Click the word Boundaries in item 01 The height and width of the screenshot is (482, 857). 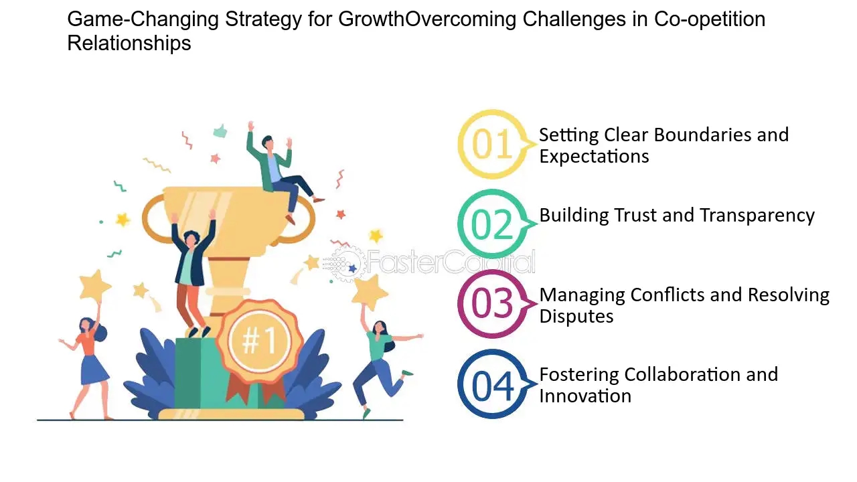pyautogui.click(x=702, y=135)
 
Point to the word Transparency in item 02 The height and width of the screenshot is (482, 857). pyautogui.click(x=757, y=216)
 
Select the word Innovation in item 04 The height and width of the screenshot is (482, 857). pyautogui.click(x=585, y=396)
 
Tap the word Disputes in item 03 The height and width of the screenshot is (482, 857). pyautogui.click(x=576, y=317)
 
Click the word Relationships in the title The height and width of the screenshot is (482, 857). pyautogui.click(x=129, y=43)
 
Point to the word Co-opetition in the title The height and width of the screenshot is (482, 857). pyautogui.click(x=710, y=19)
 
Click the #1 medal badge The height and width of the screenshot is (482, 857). pyautogui.click(x=259, y=341)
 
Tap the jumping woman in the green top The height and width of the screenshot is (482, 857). pyautogui.click(x=382, y=364)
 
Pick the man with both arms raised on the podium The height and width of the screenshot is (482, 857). pyautogui.click(x=192, y=272)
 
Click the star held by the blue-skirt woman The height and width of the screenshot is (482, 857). pyautogui.click(x=95, y=285)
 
